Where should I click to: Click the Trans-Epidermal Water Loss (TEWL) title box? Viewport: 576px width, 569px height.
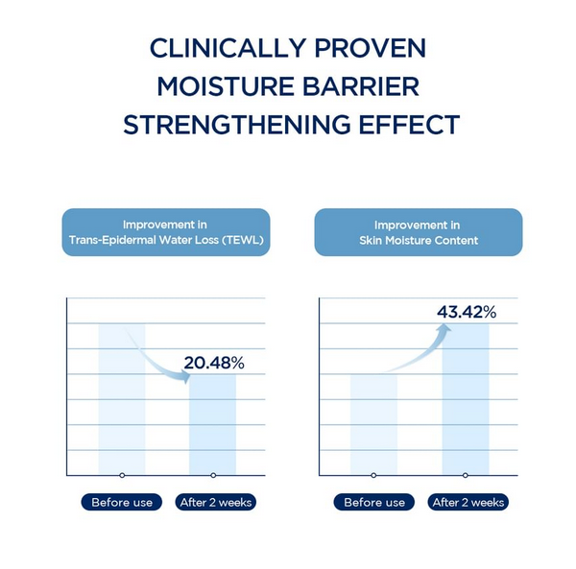167,232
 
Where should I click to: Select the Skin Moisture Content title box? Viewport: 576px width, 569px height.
419,232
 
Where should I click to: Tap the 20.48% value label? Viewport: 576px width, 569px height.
215,363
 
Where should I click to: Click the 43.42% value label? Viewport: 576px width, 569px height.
467,312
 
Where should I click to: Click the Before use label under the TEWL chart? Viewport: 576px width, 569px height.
122,502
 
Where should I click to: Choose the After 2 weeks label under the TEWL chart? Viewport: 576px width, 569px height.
217,502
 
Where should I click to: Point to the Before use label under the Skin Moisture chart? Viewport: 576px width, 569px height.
374,502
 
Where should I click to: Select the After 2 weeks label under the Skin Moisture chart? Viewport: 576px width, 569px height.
468,502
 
